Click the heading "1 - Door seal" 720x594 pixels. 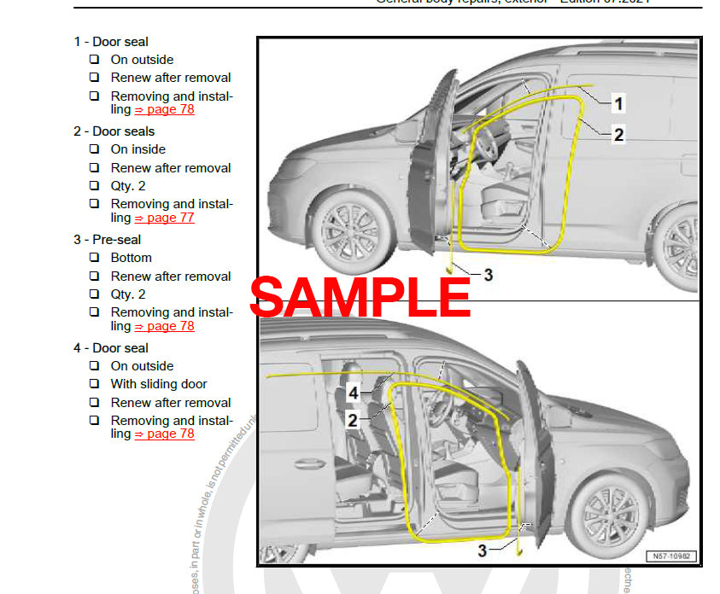coord(111,42)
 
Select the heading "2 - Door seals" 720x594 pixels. coord(114,131)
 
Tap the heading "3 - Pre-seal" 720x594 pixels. coord(108,240)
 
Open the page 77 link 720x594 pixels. coord(165,218)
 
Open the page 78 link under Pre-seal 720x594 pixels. coord(165,326)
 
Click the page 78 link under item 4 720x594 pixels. coord(165,434)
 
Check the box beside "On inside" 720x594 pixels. coord(95,149)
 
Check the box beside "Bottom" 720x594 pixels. coord(95,258)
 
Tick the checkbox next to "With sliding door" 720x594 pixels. coord(95,384)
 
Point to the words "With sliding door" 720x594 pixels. coord(159,384)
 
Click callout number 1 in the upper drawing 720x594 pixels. coord(619,104)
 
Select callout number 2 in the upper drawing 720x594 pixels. coord(619,134)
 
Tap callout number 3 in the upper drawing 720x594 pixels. coord(488,275)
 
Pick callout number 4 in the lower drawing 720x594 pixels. coord(353,394)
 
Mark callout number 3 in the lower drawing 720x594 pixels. coord(483,551)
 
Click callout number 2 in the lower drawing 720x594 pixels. coord(352,420)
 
